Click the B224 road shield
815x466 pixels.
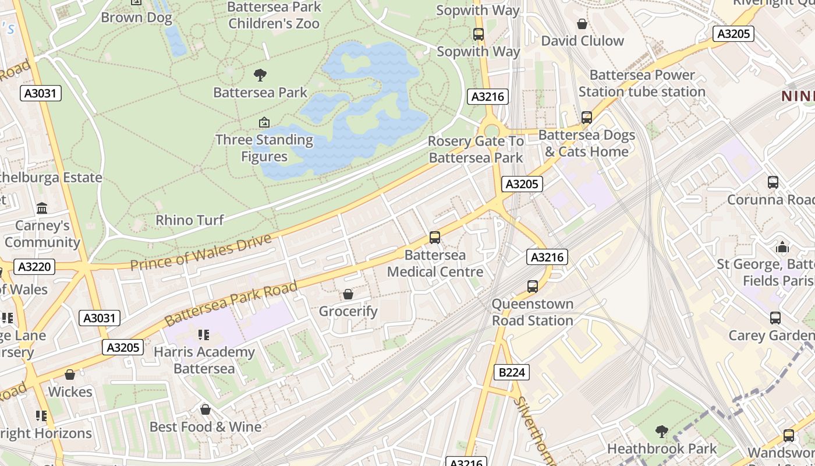point(512,372)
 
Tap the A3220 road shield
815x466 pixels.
point(36,267)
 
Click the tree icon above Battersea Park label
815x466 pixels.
point(260,75)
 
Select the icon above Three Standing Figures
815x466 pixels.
point(264,122)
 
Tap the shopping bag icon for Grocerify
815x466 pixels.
point(348,294)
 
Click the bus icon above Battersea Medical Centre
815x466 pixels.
point(435,238)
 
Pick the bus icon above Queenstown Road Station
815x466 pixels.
point(533,287)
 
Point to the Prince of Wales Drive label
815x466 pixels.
point(201,253)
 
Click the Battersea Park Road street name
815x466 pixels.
point(231,303)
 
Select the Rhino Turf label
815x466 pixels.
point(190,220)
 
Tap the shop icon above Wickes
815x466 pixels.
point(70,375)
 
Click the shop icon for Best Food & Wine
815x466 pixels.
point(205,410)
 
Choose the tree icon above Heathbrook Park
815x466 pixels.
point(661,432)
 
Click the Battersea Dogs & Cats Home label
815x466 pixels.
point(586,143)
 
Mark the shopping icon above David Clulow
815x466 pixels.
point(582,24)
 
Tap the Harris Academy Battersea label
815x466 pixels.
point(204,360)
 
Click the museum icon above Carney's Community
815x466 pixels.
point(42,209)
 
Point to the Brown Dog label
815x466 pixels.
point(136,17)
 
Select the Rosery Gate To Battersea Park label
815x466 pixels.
point(476,149)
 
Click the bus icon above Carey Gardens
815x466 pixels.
point(775,318)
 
